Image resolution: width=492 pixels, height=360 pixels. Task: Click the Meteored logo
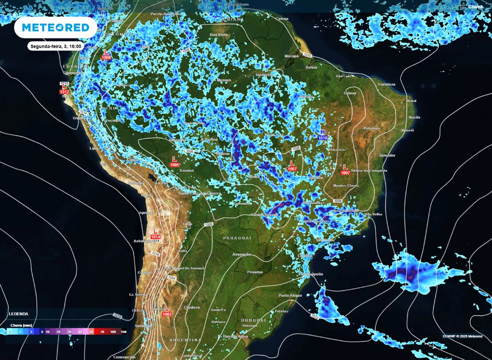(52, 27)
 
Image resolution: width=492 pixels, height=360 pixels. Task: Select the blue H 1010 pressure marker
(322, 135)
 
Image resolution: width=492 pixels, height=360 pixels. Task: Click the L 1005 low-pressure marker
(175, 162)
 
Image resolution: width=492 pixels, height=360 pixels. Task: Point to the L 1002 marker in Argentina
(167, 312)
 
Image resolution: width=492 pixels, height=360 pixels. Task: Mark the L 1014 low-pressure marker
(155, 234)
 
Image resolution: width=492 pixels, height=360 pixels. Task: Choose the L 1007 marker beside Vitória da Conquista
(344, 169)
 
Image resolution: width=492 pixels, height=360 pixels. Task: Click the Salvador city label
(387, 155)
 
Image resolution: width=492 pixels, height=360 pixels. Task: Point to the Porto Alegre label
(290, 295)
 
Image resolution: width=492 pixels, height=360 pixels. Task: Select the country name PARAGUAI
(237, 238)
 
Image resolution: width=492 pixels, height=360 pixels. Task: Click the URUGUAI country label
(253, 320)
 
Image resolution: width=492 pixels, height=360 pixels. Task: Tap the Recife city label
(414, 117)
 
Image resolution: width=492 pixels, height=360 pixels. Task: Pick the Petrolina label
(371, 128)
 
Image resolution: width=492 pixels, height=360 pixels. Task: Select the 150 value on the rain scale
(123, 332)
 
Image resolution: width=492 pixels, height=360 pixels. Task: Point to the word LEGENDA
(18, 314)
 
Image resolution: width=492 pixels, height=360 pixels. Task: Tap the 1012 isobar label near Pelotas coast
(315, 316)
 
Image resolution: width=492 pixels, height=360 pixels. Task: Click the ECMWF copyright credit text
(462, 336)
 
